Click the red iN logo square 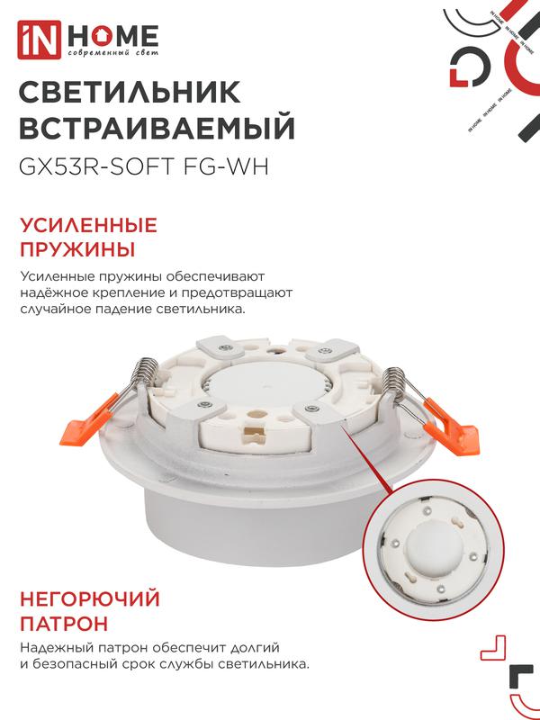point(39,40)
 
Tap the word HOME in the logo point(113,36)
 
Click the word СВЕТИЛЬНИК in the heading point(130,92)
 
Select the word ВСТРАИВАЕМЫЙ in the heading point(157,127)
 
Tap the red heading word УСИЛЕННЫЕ point(88,226)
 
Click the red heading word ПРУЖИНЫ point(77,250)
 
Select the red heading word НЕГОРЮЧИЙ point(90,599)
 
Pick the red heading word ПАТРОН point(64,624)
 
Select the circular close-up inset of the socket point(434,550)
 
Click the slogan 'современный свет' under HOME point(113,53)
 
